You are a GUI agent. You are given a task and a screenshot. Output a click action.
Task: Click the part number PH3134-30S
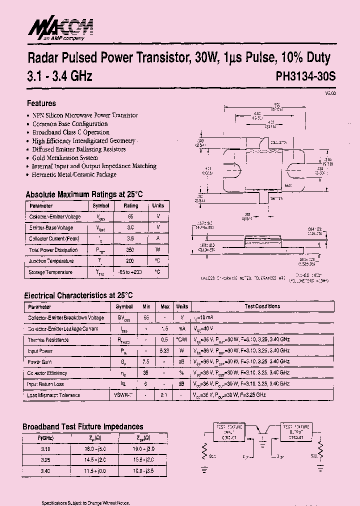click(306, 77)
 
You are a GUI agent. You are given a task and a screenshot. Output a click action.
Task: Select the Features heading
click(41, 103)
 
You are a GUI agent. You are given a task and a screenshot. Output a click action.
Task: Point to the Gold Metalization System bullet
click(65, 157)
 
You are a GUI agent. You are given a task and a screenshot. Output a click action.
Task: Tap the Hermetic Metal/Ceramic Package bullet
click(74, 174)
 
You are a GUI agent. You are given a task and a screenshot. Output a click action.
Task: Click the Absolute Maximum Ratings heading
click(84, 194)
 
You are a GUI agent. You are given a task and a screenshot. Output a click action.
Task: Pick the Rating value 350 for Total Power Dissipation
click(130, 250)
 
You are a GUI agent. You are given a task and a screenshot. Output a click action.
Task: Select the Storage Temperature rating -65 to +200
click(130, 272)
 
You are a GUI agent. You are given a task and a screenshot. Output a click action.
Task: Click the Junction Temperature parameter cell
click(51, 261)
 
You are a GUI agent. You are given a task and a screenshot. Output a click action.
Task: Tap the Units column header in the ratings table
click(158, 205)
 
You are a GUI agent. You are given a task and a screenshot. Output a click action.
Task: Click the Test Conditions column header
click(262, 306)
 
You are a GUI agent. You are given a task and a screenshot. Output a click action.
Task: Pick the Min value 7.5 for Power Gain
click(146, 362)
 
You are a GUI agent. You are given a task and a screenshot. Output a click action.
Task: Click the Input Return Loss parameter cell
click(45, 384)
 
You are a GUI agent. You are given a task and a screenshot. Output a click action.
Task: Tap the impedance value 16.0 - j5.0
click(95, 449)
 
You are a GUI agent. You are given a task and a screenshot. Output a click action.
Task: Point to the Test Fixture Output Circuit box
click(296, 432)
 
